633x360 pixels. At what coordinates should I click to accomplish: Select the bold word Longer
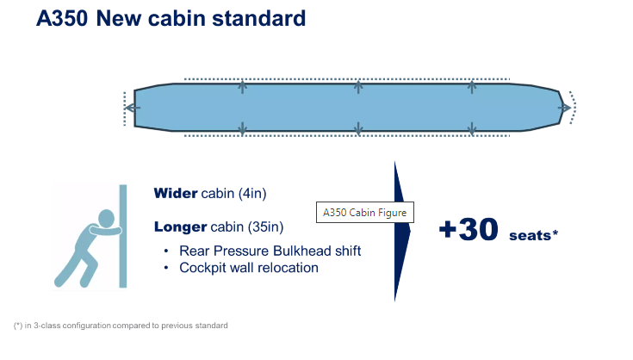(180, 227)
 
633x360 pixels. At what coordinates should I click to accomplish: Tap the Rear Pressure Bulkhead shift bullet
(270, 251)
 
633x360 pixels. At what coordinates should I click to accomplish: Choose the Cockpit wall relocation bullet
(248, 267)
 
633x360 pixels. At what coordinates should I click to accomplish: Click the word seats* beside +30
(533, 234)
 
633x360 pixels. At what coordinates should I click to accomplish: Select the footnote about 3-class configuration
(121, 326)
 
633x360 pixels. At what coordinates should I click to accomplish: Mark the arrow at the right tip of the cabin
(566, 108)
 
